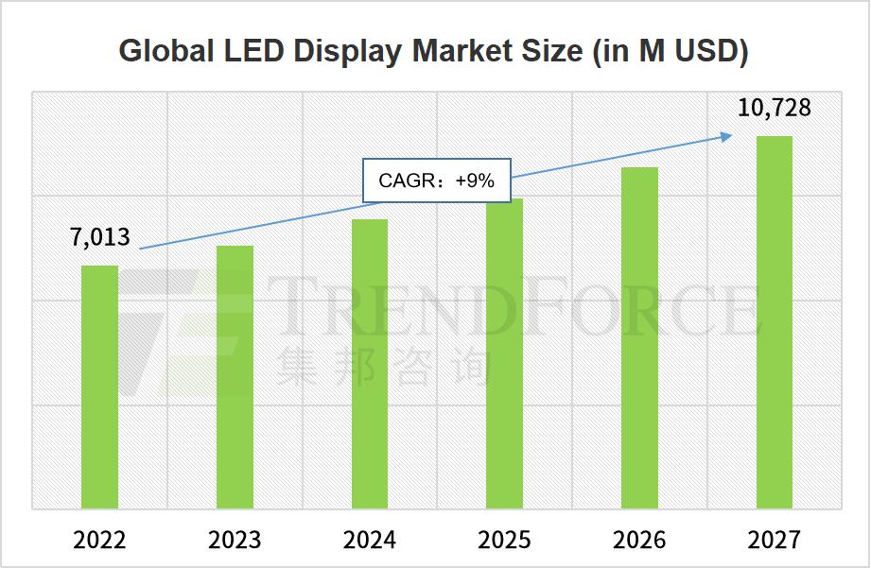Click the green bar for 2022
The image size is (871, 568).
tap(100, 387)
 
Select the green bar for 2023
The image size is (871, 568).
tap(235, 377)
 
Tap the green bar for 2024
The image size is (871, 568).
tap(370, 364)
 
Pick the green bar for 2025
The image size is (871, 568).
tap(505, 353)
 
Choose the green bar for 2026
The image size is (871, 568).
tap(639, 337)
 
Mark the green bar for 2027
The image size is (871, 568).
tap(775, 322)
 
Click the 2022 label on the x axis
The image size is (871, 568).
tap(100, 540)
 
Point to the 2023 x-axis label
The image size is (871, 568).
tap(235, 540)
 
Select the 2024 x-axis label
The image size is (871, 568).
tap(370, 540)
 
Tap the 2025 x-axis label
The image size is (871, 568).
tap(505, 540)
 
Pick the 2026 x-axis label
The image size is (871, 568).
tap(639, 540)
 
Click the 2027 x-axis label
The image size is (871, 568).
tap(775, 540)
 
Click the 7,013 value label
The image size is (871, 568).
tap(100, 237)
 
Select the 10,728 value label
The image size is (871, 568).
tap(775, 108)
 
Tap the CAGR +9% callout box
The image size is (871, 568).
tap(437, 180)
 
